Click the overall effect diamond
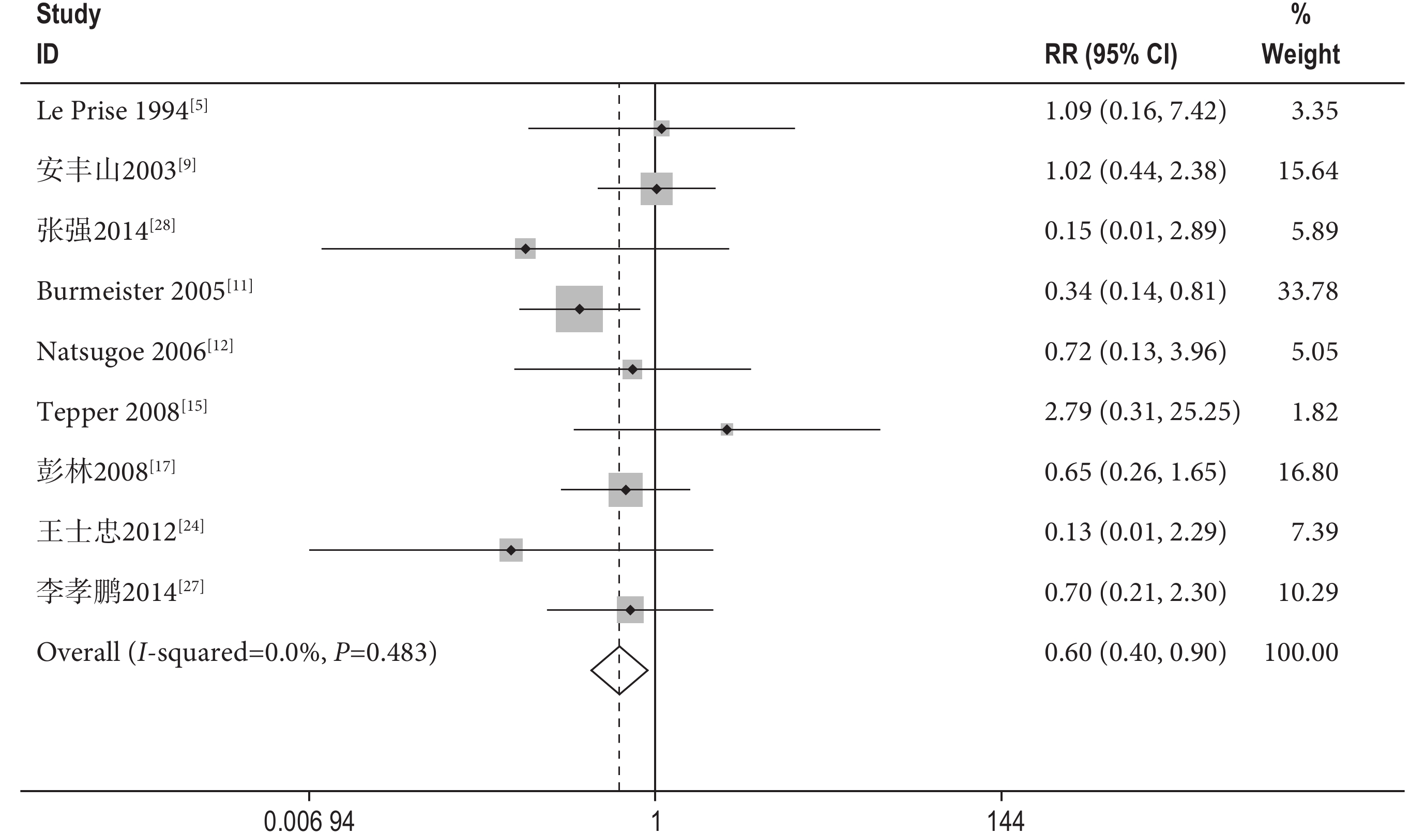point(619,671)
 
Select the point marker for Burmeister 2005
point(579,309)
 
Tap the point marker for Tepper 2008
point(726,429)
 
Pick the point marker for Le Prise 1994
point(661,128)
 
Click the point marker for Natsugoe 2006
point(632,369)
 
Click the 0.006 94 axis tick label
point(309,821)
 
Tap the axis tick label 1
point(656,821)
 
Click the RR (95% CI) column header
point(1111,54)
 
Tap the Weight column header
point(1300,54)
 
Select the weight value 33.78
point(1308,291)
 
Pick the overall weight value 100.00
point(1300,653)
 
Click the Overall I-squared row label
point(236,653)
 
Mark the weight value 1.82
point(1314,412)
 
